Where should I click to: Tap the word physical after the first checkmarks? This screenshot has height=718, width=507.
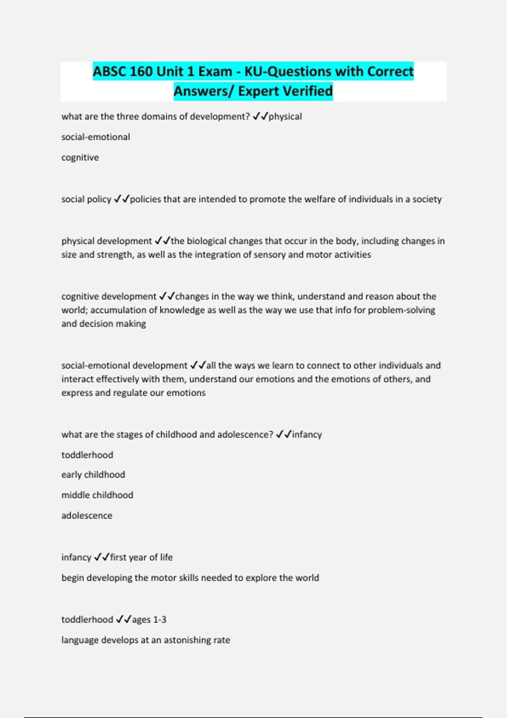(285, 117)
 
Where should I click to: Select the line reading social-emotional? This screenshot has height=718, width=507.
(95, 137)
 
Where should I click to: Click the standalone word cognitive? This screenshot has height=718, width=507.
(80, 158)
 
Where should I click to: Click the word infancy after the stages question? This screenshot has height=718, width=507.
(307, 434)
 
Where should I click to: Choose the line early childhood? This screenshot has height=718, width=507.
(93, 474)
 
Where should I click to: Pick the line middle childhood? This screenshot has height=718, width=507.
(97, 495)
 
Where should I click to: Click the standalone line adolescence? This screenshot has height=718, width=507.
(87, 515)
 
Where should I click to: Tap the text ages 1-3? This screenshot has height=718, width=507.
(149, 619)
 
